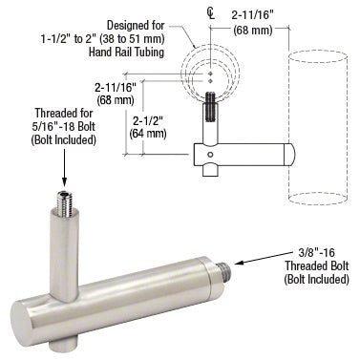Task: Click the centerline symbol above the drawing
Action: tap(210, 13)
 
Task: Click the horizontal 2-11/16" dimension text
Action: tap(252, 15)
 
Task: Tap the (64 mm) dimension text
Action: tap(148, 133)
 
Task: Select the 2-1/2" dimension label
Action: tap(148, 121)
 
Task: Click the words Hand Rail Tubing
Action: tap(127, 52)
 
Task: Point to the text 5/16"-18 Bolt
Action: tap(64, 126)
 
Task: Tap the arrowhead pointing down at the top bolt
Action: tap(64, 182)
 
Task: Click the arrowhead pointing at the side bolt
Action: tap(239, 263)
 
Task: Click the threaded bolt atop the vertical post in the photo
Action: tap(65, 203)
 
